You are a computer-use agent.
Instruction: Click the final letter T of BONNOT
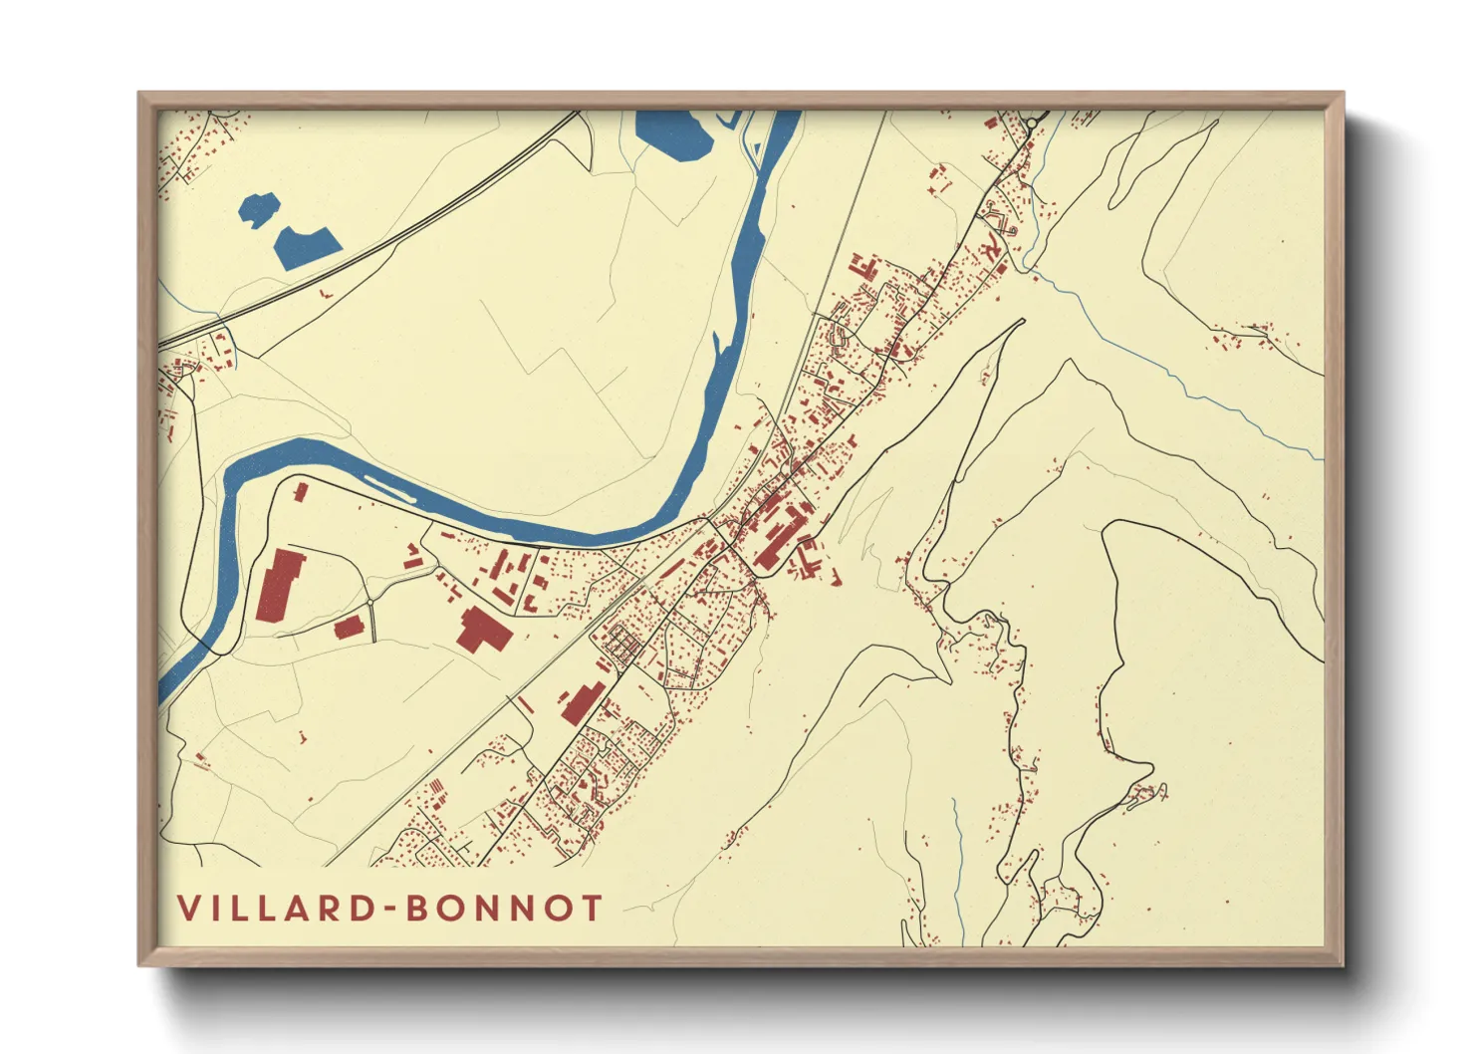(592, 909)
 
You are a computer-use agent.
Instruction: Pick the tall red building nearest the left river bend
(280, 585)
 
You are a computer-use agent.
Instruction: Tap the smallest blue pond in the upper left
(258, 208)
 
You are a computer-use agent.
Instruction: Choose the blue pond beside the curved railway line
(307, 247)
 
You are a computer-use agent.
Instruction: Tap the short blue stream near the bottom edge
(957, 867)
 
